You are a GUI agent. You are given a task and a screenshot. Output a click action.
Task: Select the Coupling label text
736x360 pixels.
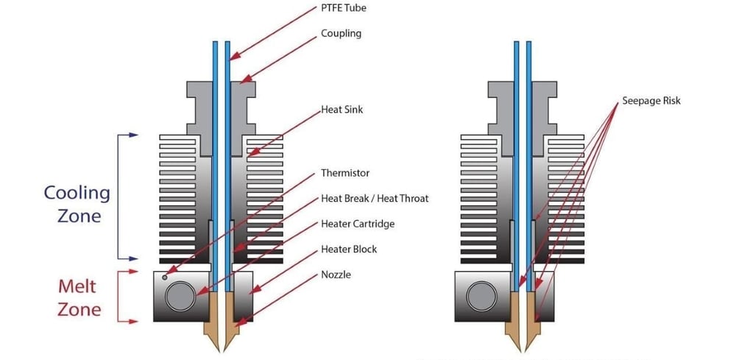tap(341, 34)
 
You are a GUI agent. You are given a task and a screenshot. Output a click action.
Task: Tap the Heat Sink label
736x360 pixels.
tap(342, 110)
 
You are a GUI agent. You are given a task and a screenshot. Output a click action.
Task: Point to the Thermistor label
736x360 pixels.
tap(345, 173)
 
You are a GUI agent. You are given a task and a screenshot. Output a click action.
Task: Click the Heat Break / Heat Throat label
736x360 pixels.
tap(374, 198)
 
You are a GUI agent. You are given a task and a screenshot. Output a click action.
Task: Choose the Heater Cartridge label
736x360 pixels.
tap(358, 224)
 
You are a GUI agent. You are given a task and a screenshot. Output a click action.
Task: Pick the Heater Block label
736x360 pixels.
tap(349, 249)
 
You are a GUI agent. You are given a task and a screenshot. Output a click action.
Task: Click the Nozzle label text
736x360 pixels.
tap(336, 275)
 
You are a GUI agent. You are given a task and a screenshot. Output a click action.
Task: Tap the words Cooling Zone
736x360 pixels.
tap(77, 205)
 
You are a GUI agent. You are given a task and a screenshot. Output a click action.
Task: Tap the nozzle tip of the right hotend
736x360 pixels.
tap(523, 349)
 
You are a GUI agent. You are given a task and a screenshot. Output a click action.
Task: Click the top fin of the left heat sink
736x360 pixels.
tap(184, 138)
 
